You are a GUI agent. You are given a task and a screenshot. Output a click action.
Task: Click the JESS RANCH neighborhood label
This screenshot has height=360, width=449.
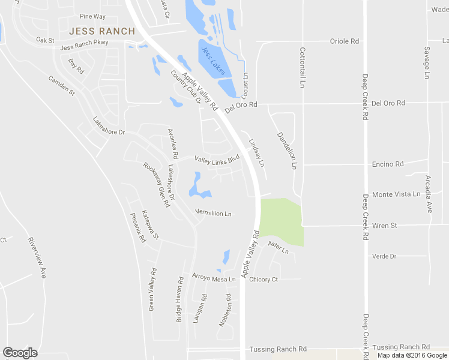(x=97, y=31)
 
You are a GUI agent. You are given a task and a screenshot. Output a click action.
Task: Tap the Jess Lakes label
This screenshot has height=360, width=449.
(x=214, y=61)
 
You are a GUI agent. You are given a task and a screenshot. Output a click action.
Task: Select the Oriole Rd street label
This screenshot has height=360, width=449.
(x=345, y=41)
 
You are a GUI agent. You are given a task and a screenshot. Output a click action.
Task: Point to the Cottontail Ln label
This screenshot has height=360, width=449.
(x=303, y=67)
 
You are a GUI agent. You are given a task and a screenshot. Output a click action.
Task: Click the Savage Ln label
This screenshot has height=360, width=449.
(x=427, y=62)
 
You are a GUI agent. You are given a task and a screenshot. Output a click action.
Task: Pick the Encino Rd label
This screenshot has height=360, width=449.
(x=387, y=164)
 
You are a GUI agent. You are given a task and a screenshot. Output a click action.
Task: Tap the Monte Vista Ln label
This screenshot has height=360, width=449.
(x=396, y=194)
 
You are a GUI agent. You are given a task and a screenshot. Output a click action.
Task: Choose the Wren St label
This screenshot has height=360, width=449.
(x=385, y=226)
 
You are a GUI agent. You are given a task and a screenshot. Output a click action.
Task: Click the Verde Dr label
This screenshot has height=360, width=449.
(x=384, y=256)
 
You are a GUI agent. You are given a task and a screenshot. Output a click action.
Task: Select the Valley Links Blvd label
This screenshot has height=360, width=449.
(x=217, y=158)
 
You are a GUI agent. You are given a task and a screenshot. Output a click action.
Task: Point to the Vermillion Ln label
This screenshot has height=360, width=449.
(x=214, y=213)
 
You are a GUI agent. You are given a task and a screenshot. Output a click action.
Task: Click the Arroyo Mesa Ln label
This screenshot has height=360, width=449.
(x=213, y=278)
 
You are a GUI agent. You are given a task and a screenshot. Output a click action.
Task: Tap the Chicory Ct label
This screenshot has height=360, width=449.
(x=264, y=280)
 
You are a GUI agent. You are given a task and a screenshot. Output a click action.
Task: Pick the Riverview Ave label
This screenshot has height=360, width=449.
(x=37, y=257)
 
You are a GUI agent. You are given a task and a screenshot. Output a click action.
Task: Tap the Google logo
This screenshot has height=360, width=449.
(x=20, y=353)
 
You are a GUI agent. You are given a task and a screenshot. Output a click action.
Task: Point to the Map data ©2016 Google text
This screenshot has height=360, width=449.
(x=412, y=355)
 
